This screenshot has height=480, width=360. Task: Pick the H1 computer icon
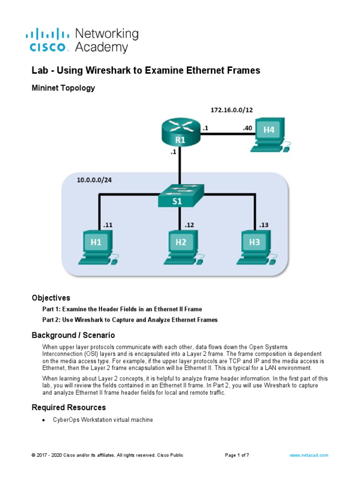coord(98,246)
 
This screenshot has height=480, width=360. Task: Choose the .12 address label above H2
coord(189,225)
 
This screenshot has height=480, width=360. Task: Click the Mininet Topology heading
coord(63,88)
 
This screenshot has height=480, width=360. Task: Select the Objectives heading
coord(51,298)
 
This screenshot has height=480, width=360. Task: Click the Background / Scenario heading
coord(73,336)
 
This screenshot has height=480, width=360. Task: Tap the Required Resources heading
coord(68,407)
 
